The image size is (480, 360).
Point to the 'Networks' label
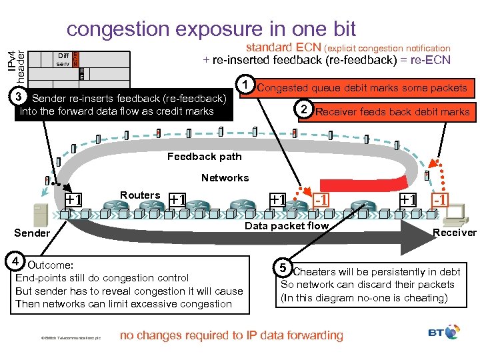[x=225, y=177]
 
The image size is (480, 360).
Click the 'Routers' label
[x=139, y=195]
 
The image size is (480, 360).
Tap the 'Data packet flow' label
[x=287, y=226]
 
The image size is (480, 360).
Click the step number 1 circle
[x=247, y=85]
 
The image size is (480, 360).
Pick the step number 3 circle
[x=21, y=98]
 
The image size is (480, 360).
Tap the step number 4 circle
[x=20, y=261]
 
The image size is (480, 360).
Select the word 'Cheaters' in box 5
[x=314, y=272]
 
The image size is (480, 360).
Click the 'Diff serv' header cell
[x=63, y=59]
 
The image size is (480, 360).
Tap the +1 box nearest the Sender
[x=73, y=199]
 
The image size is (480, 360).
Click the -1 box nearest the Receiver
[x=441, y=199]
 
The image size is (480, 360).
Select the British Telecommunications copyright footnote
[x=69, y=338]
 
